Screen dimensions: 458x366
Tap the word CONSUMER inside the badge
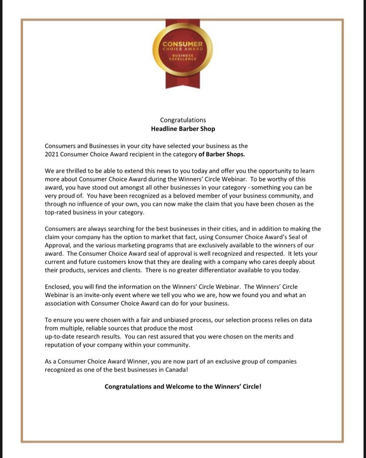coord(183,44)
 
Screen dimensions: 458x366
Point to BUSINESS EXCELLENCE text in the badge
coord(183,57)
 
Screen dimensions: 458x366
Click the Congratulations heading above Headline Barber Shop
coord(183,120)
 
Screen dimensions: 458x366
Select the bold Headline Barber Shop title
coord(183,128)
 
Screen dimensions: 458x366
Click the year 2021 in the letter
coord(52,154)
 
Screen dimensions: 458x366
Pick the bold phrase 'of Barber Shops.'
coord(221,154)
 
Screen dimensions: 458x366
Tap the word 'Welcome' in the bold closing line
coord(178,386)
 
